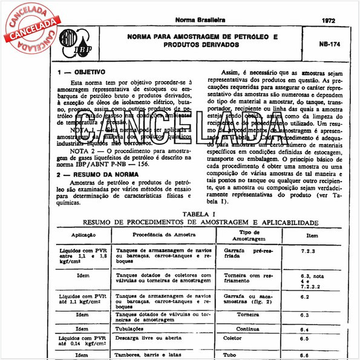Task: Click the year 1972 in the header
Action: pos(330,20)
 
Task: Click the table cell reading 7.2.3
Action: pos(308,249)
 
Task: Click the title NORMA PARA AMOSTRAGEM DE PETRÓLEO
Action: pos(202,37)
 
